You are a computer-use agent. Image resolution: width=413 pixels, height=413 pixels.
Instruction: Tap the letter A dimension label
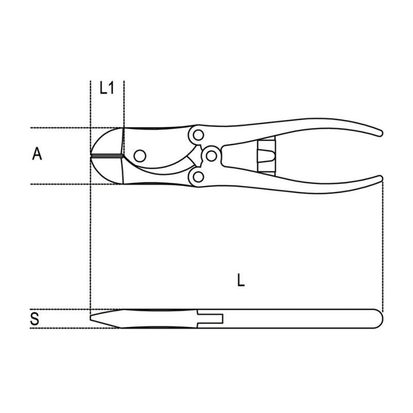point(37,153)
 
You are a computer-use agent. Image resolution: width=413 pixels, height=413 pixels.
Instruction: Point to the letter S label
point(35,319)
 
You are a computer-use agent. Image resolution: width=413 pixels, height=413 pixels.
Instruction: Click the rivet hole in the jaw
point(140,156)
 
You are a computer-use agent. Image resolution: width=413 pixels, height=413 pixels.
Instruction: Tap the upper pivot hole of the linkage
point(198,135)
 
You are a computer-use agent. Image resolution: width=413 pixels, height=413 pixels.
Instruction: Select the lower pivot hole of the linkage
point(198,177)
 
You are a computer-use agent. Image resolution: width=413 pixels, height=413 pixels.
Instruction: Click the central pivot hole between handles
point(211,156)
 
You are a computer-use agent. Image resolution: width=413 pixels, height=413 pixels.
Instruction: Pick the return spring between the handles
point(266,156)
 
